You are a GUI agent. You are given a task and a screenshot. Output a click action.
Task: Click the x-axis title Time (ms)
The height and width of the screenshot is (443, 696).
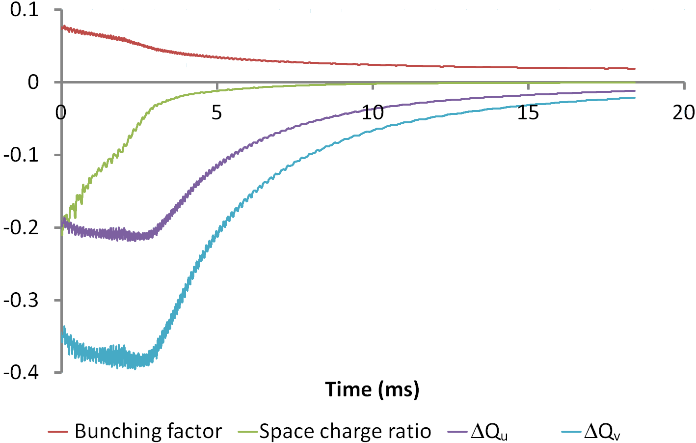click(x=372, y=389)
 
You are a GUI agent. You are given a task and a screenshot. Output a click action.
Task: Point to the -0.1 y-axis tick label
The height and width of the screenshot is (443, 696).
click(x=21, y=155)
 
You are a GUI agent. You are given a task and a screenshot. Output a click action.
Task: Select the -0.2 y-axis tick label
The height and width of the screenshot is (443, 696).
click(x=21, y=228)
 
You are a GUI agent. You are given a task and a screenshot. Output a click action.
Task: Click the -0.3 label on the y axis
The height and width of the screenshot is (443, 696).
click(x=21, y=301)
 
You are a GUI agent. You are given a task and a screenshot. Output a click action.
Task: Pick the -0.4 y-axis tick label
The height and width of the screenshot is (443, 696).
click(x=21, y=373)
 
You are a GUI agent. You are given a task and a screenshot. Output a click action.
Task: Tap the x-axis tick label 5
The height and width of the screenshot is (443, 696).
click(x=216, y=113)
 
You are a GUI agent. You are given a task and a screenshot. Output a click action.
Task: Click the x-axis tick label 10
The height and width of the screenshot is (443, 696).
click(x=373, y=113)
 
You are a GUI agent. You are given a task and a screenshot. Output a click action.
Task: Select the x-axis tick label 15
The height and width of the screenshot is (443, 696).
click(x=528, y=113)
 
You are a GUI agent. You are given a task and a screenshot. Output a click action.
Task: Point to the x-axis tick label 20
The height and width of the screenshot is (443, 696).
click(x=684, y=113)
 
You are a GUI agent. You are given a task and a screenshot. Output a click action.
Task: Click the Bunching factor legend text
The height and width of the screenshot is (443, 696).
click(x=148, y=432)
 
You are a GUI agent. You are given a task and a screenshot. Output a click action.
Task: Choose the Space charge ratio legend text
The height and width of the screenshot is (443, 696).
click(x=345, y=432)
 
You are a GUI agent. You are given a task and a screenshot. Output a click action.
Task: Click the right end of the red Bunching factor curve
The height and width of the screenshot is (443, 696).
click(x=635, y=69)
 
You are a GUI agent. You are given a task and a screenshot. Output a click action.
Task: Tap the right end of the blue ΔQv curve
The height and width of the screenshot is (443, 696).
click(x=635, y=98)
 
